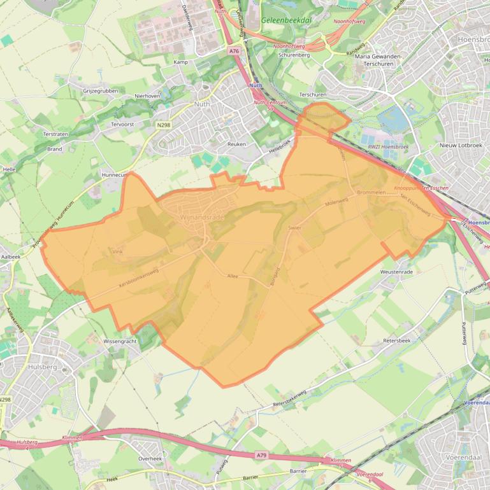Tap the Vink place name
coord(117,252)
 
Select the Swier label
coord(294,227)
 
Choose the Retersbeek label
coord(397,340)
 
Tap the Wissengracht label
coord(120,341)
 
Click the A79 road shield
coord(261,455)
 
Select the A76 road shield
coord(233,50)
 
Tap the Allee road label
coord(233,276)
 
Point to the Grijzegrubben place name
coord(101,91)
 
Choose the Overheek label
coord(150,458)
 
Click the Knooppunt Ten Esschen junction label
coord(421,188)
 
